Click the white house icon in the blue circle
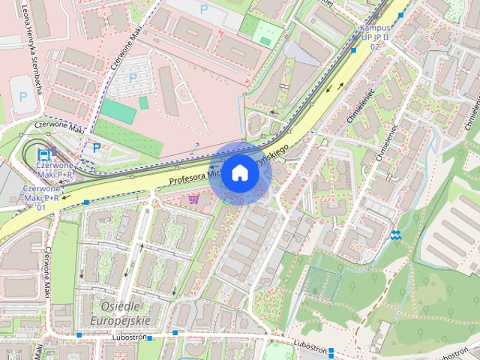coord(239,173)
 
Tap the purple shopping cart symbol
coord(195,199)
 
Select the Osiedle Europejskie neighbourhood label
coord(120,313)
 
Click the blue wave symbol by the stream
coord(395,235)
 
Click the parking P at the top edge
coord(204,9)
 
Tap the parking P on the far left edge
coord(20,96)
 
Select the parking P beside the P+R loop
coord(96,147)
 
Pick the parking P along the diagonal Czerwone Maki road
coord(133,77)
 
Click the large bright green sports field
coord(118,112)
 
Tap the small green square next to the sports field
coord(143,102)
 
